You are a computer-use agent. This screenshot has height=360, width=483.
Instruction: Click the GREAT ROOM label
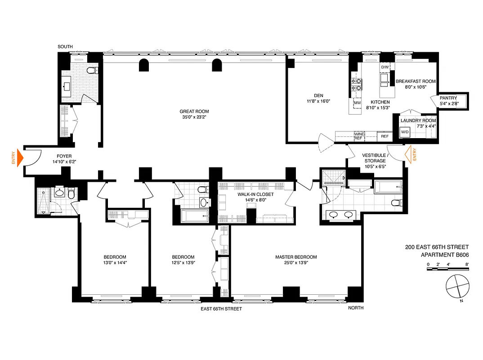coord(194,112)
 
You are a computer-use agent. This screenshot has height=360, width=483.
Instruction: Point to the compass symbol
coord(457,286)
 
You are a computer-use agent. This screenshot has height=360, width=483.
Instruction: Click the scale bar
coord(448,269)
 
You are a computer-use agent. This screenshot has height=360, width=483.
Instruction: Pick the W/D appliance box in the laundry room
coord(405,132)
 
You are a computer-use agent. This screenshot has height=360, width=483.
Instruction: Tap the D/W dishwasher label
coord(385,67)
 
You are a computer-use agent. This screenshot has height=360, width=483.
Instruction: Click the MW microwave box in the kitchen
coord(358,103)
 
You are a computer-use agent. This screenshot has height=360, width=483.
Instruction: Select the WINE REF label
coord(358,136)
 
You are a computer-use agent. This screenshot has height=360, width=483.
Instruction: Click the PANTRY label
coord(448,98)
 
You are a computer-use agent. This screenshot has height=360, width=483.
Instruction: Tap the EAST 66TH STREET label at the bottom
coord(221,309)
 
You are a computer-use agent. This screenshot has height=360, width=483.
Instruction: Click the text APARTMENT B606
coord(444,254)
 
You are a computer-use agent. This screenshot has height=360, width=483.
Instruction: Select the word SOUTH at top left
coord(65,46)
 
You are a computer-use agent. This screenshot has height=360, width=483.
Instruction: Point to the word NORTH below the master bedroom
coord(356,308)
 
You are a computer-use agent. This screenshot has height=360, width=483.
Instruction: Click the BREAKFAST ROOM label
coord(416,81)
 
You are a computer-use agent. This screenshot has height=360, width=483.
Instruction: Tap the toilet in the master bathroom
coord(396,202)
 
